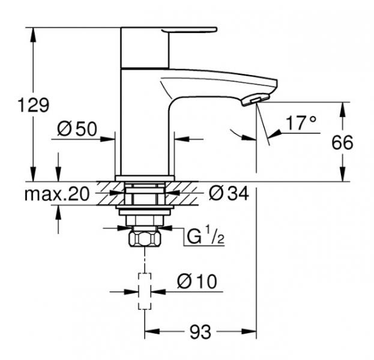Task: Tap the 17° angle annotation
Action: [300, 124]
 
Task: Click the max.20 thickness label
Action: [57, 193]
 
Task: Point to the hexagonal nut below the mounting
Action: [145, 239]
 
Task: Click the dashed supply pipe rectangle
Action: [145, 290]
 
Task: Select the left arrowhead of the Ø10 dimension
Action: [134, 292]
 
